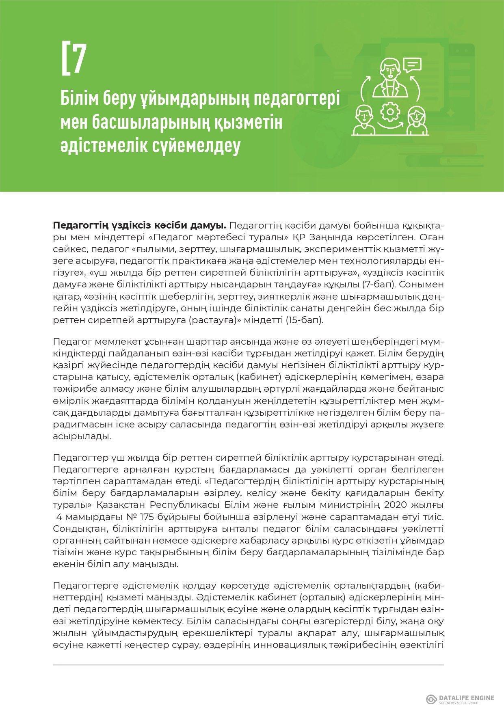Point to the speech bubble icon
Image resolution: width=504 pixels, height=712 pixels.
(x=412, y=65)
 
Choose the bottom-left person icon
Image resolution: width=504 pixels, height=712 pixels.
(x=364, y=120)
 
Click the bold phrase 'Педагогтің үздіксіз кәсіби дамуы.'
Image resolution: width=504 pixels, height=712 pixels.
(x=140, y=225)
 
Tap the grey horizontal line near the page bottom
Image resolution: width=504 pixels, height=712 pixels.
(x=248, y=665)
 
